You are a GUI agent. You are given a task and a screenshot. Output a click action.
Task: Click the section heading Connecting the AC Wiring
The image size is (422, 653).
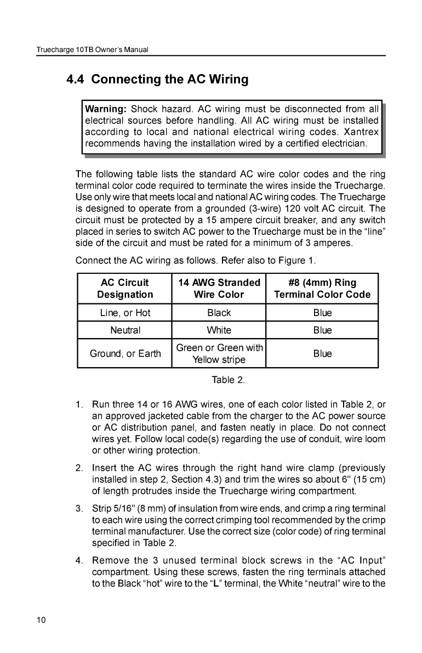click(x=157, y=80)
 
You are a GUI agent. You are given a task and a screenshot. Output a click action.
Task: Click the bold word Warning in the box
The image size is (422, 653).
click(x=105, y=108)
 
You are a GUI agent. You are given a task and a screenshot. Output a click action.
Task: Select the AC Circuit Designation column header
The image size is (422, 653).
click(x=125, y=289)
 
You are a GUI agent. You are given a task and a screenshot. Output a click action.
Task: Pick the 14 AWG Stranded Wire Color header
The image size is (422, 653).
click(x=219, y=289)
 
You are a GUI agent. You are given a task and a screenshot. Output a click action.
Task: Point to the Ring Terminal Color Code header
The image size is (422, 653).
click(x=322, y=289)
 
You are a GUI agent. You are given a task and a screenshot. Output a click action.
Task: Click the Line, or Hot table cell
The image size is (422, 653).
click(x=125, y=313)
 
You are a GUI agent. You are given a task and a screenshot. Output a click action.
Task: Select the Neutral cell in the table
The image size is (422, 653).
click(x=125, y=330)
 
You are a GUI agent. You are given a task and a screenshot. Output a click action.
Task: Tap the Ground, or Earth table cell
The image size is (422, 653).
click(x=125, y=353)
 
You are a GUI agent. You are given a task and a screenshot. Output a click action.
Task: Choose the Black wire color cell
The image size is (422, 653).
click(x=219, y=313)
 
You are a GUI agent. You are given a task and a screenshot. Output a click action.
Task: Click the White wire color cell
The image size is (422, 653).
click(x=219, y=330)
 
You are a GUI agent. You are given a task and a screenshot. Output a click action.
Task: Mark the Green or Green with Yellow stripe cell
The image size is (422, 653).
click(x=219, y=353)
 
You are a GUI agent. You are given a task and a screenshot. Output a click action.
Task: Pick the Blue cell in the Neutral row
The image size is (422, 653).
click(x=322, y=330)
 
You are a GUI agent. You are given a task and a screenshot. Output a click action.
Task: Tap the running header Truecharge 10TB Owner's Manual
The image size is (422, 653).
click(x=93, y=50)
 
